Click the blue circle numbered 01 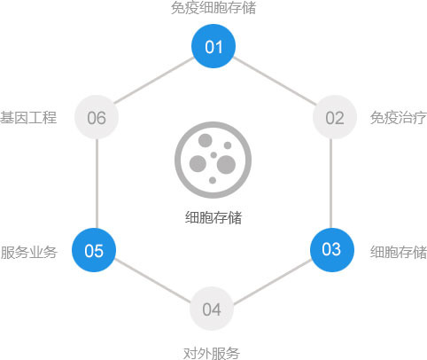(x=213, y=46)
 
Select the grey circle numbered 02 (x=335, y=117)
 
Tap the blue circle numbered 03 (x=332, y=250)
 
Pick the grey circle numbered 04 (x=212, y=309)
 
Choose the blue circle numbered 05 (x=94, y=250)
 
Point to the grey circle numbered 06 (x=97, y=117)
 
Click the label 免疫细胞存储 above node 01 (x=213, y=8)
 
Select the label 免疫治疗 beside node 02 (x=399, y=118)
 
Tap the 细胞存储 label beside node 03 (x=399, y=252)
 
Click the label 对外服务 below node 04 (x=212, y=353)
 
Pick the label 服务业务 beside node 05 (x=28, y=252)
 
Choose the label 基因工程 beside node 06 (x=28, y=117)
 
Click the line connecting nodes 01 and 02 (x=275, y=82)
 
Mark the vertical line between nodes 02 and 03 (x=331, y=184)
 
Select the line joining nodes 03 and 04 (x=272, y=282)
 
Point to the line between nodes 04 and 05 (x=152, y=281)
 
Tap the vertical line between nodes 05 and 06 (x=97, y=184)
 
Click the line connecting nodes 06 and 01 (x=154, y=81)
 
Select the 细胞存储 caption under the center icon (x=213, y=217)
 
